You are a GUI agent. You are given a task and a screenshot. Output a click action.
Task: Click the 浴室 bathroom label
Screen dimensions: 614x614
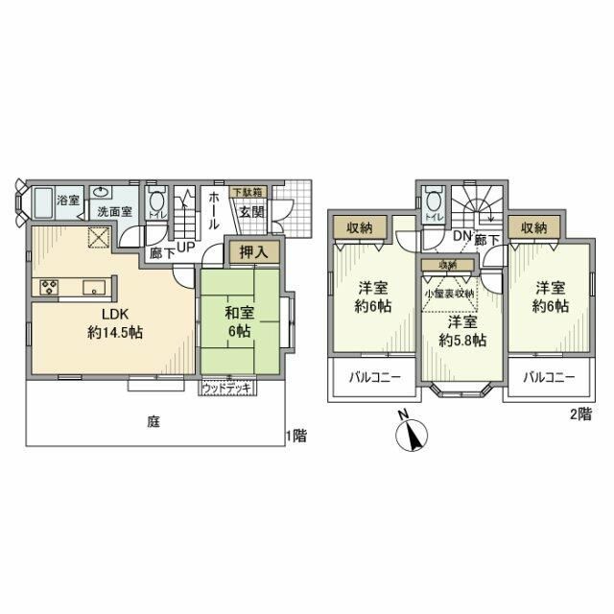(67, 201)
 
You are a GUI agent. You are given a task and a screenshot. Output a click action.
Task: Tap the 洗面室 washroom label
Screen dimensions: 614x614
(106, 210)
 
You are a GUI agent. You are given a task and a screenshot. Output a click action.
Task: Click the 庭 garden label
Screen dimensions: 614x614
(153, 419)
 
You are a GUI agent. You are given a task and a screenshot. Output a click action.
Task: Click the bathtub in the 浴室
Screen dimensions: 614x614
(41, 202)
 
